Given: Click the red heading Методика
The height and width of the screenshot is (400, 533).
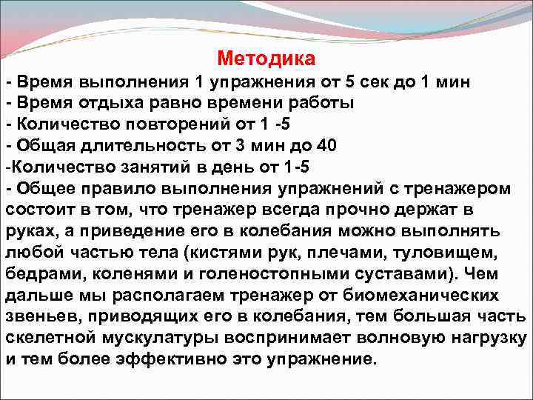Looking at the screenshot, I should pos(266,58).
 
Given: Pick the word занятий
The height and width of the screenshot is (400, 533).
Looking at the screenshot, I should pos(144,167).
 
